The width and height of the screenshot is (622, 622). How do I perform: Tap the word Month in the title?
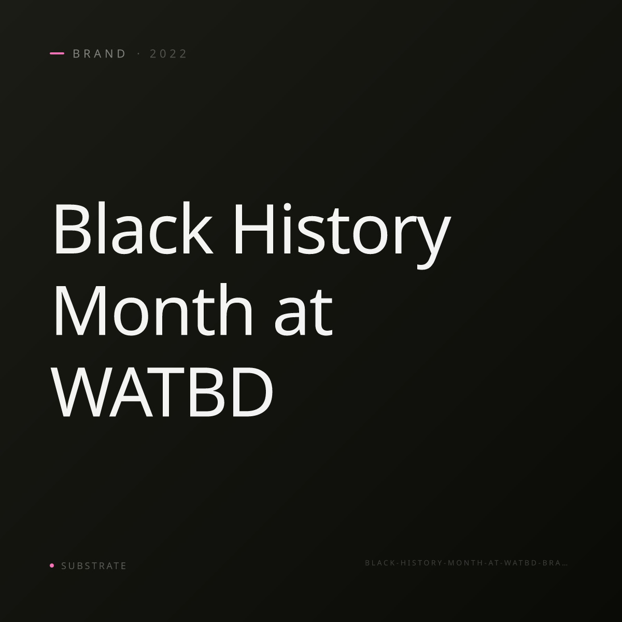pyautogui.click(x=153, y=310)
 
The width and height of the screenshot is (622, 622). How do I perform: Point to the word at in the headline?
pyautogui.click(x=303, y=314)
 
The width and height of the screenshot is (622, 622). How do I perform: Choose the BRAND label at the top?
pyautogui.click(x=99, y=53)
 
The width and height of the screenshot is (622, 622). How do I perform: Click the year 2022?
pyautogui.click(x=168, y=53)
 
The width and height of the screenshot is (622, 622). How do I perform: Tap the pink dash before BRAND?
pyautogui.click(x=57, y=53)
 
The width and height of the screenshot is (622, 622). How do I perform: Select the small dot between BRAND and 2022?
pyautogui.click(x=139, y=53)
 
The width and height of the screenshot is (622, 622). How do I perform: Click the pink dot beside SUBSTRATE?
pyautogui.click(x=52, y=565)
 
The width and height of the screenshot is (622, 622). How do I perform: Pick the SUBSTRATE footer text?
pyautogui.click(x=94, y=566)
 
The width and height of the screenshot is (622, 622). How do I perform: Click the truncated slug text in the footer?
pyautogui.click(x=466, y=563)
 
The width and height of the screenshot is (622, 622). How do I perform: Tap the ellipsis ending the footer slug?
pyautogui.click(x=564, y=565)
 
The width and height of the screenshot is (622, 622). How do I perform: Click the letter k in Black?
pyautogui.click(x=197, y=228)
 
